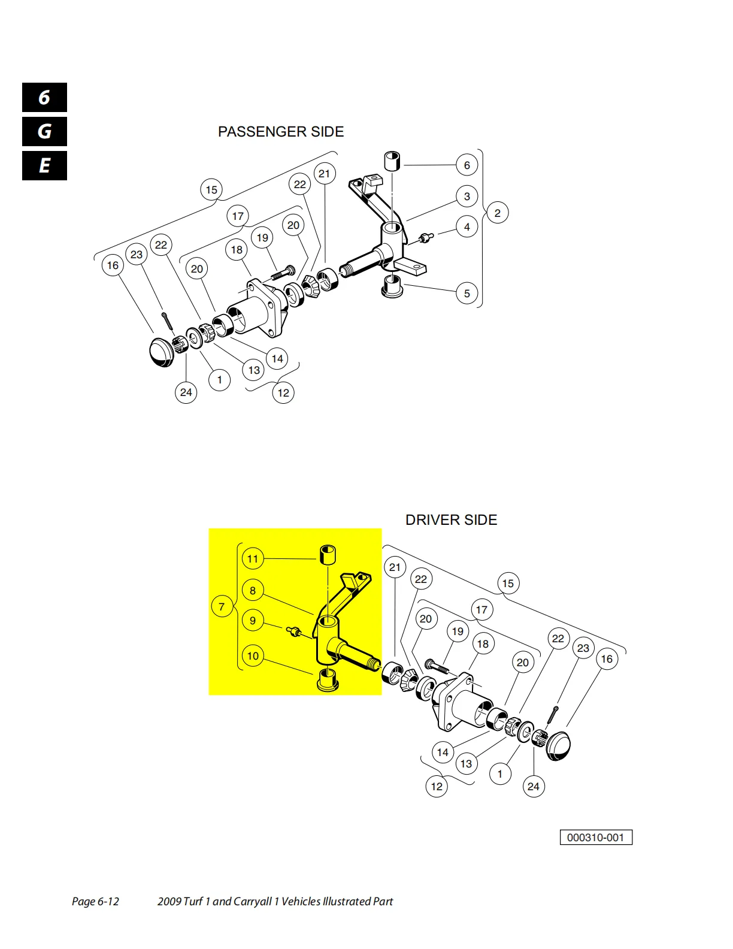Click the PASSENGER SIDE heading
coord(280,132)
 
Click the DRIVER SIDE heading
coord(451,520)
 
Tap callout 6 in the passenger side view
coord(467,165)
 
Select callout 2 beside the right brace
coord(497,213)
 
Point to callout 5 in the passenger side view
coord(467,294)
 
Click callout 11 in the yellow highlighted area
coord(253,558)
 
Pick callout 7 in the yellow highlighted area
coord(222,606)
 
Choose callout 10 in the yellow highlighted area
coord(253,655)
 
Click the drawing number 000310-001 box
coord(596,838)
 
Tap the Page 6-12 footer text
coord(95,901)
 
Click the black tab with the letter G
coord(45,132)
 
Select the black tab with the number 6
coord(45,98)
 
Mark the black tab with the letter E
coord(45,166)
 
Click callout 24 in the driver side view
coord(533,787)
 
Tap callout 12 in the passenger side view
coord(283,393)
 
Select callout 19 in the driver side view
coord(458,631)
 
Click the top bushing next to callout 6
coord(392,161)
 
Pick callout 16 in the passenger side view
coord(113,265)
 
